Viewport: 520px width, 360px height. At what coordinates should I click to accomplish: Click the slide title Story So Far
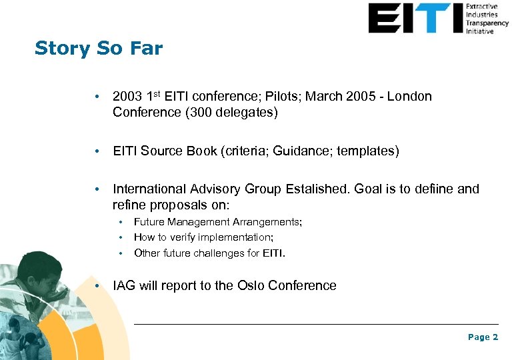[98, 49]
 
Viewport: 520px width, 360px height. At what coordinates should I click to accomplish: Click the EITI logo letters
[415, 18]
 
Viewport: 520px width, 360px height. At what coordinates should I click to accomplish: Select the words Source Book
[177, 151]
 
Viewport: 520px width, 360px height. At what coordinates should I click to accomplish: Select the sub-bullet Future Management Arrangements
[217, 222]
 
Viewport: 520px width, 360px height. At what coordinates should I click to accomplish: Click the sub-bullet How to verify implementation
[203, 237]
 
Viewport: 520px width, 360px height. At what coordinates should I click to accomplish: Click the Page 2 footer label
[483, 337]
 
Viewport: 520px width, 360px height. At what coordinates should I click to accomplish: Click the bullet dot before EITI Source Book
[98, 152]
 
